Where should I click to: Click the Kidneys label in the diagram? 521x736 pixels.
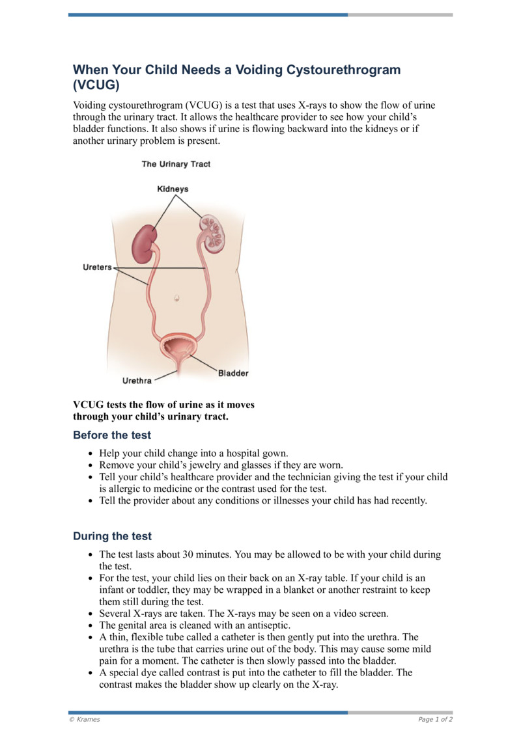coord(173,189)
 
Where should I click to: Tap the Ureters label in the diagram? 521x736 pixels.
coord(97,267)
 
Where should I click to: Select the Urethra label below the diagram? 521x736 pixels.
coord(137,381)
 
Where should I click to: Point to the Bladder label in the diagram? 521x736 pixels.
coord(232,374)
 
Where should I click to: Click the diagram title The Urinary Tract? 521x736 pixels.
coord(176,164)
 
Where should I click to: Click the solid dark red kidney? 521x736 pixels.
coord(145,242)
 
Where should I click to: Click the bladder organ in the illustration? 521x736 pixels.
coord(177,345)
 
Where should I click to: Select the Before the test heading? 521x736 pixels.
coord(112,435)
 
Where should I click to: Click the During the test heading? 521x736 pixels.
coord(112,536)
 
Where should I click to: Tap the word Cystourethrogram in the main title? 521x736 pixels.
coord(335,70)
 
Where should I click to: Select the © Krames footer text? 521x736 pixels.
coord(84,719)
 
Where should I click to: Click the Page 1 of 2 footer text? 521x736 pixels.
coord(435,719)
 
